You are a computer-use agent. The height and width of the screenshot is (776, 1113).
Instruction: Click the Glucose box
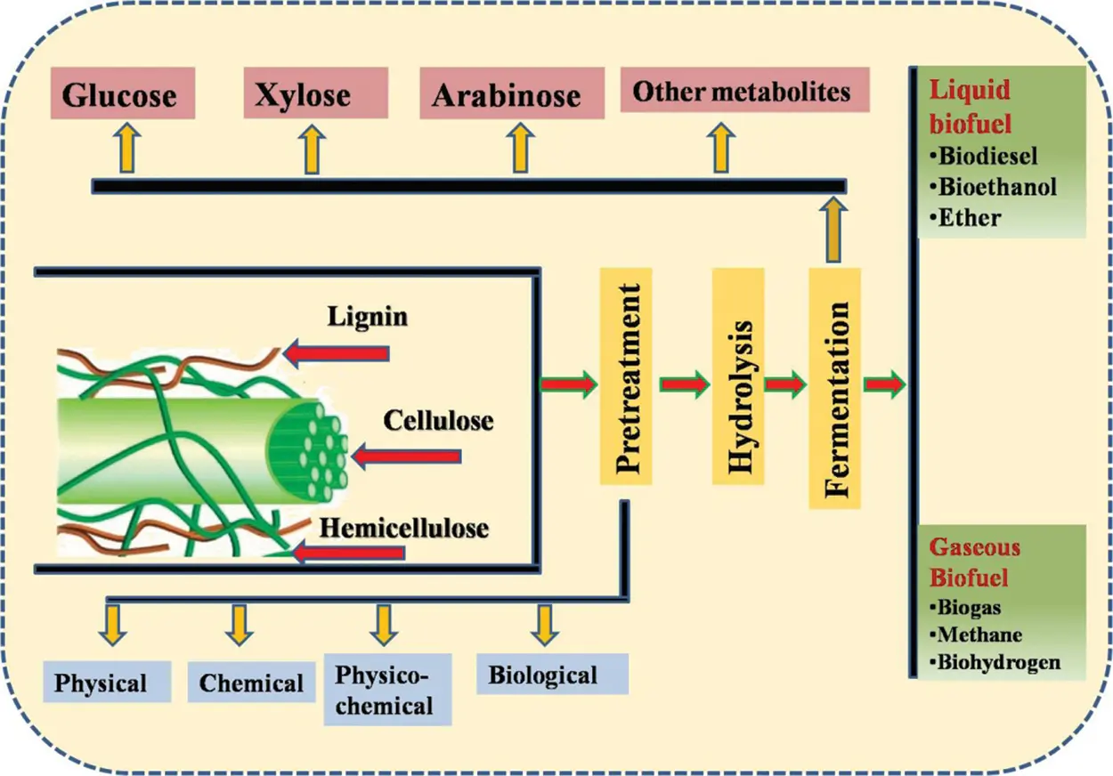pyautogui.click(x=118, y=95)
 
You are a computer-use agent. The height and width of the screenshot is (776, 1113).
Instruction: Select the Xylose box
pyautogui.click(x=303, y=95)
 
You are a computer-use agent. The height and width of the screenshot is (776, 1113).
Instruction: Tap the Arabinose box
pyautogui.click(x=507, y=95)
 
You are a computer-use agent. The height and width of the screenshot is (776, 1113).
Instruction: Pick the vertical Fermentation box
pyautogui.click(x=836, y=388)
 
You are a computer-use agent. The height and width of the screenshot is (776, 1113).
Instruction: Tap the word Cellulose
pyautogui.click(x=439, y=420)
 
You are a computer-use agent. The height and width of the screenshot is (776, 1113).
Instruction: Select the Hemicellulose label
pyautogui.click(x=404, y=528)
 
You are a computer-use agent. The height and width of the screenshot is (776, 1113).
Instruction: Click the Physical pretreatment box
pyautogui.click(x=100, y=683)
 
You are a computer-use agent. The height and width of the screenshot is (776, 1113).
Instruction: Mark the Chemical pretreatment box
pyautogui.click(x=251, y=683)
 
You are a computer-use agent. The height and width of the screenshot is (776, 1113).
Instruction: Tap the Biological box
pyautogui.click(x=542, y=675)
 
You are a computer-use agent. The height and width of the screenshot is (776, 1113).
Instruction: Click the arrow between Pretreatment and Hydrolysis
pyautogui.click(x=685, y=384)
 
